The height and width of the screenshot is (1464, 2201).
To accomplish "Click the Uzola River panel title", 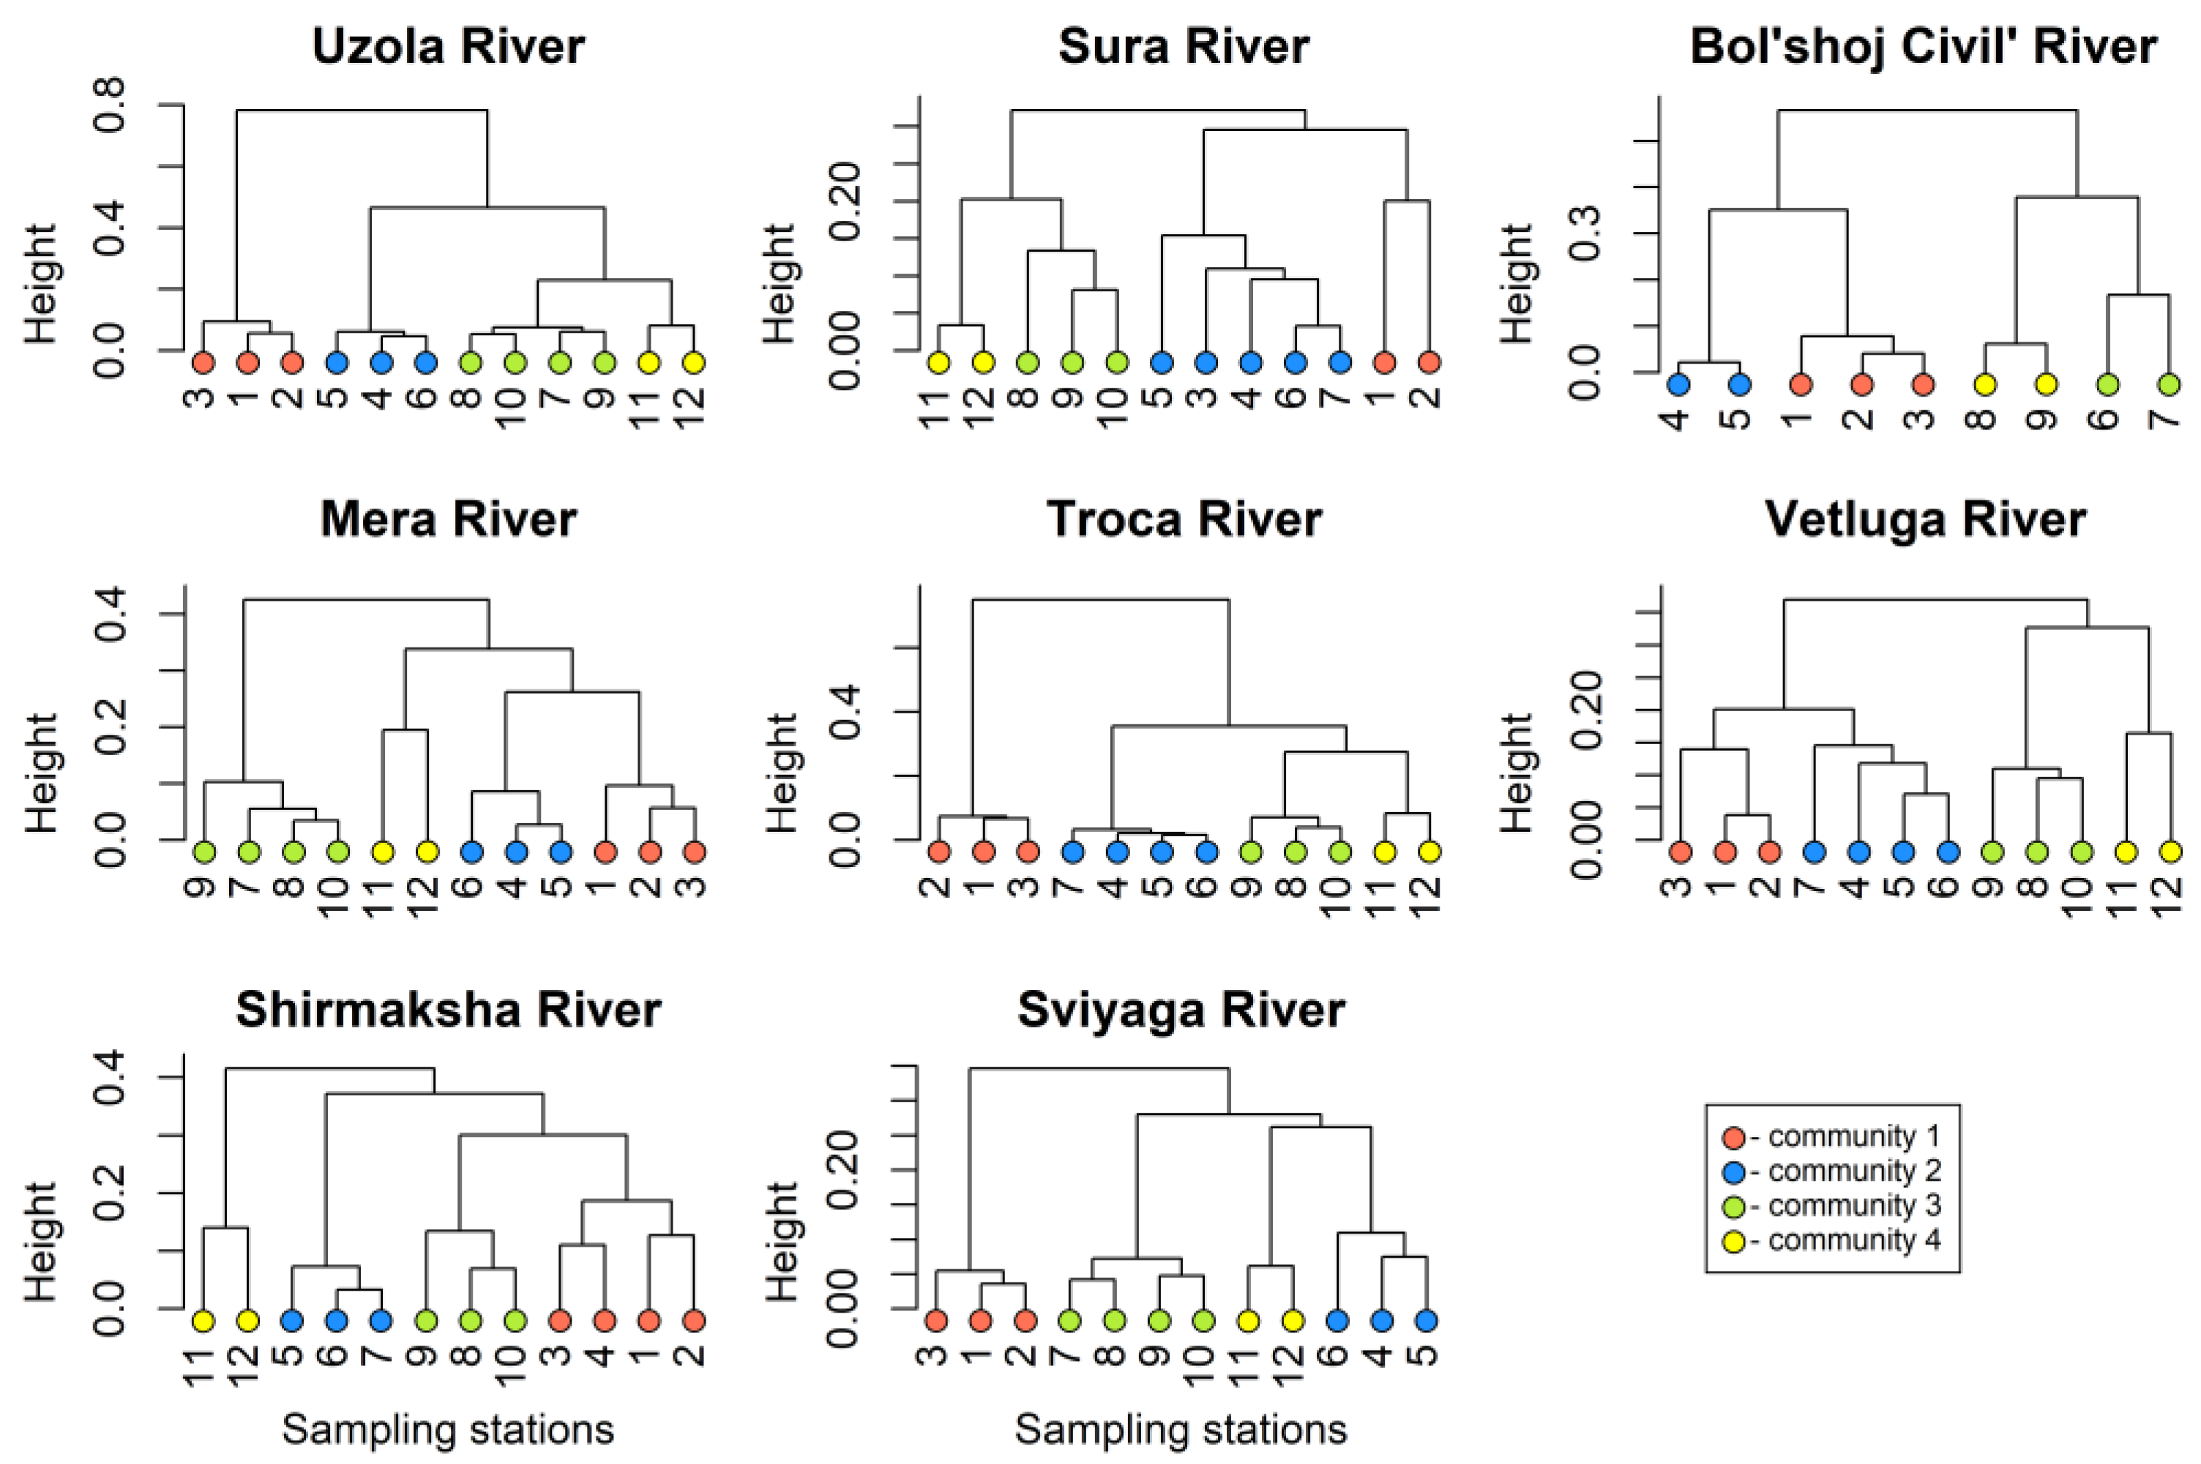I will click(448, 47).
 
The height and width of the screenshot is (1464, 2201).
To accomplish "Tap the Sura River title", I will click(1183, 47).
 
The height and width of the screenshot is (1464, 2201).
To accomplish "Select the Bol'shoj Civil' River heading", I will click(1924, 47).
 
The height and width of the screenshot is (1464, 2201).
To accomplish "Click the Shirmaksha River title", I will click(448, 1010).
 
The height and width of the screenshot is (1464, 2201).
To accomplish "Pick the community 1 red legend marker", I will click(1733, 1137).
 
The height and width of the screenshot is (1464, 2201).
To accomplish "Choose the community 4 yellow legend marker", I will click(1733, 1242).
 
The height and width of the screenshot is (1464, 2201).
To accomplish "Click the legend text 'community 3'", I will click(1853, 1206).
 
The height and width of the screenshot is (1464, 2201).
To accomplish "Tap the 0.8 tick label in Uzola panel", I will click(111, 105).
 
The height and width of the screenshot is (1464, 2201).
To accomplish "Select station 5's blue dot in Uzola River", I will click(337, 362).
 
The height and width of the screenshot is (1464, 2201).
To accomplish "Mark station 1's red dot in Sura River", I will click(1385, 362).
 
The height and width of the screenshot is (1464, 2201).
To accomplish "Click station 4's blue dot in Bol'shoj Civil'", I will click(1678, 383).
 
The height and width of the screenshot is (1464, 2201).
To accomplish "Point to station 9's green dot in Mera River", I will click(203, 852).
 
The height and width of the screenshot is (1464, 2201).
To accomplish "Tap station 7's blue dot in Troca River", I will click(1073, 852).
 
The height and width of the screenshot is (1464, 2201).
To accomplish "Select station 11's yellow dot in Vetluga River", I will click(2126, 852).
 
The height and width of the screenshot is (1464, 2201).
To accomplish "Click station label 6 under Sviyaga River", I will click(1337, 1356).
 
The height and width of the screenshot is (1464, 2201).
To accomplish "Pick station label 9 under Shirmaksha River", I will click(426, 1356).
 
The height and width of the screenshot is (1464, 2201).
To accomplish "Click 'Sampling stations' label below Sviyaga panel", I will click(1181, 1430).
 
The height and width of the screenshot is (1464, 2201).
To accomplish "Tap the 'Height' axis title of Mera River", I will click(41, 773).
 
